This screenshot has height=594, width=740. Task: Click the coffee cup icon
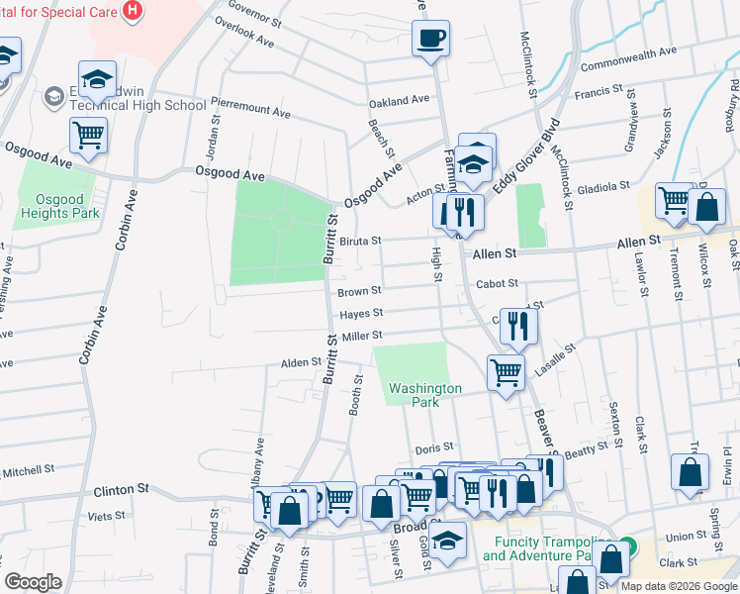click(430, 40)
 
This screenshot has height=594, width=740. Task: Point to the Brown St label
click(359, 291)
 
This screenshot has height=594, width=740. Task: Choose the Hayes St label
click(361, 314)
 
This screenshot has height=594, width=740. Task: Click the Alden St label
click(296, 363)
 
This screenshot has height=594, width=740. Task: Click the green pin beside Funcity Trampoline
click(627, 548)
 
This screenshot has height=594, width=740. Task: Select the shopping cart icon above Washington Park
click(506, 373)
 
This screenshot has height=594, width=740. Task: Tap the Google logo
click(34, 582)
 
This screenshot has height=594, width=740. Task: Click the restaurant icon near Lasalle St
click(518, 325)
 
